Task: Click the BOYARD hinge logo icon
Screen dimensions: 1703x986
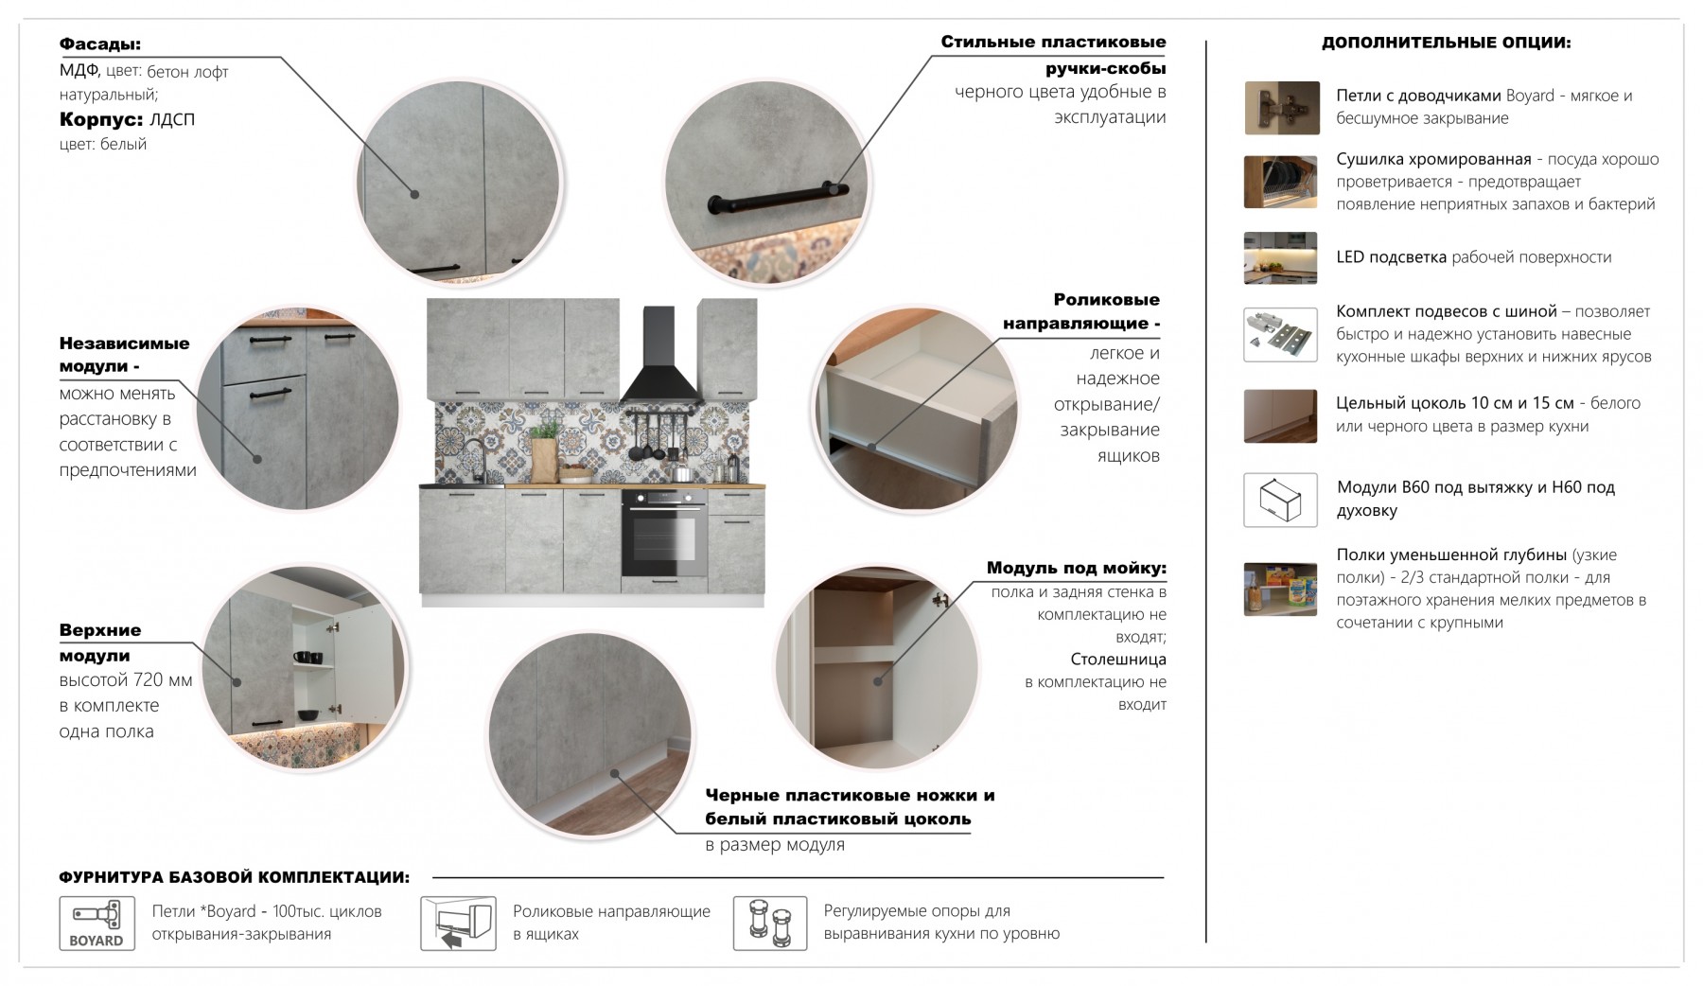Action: coord(97,924)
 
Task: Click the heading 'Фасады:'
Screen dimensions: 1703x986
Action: coord(100,44)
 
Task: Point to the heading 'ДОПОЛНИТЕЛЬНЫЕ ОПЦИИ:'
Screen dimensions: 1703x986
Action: coord(1446,43)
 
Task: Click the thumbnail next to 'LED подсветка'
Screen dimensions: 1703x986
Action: coord(1280,257)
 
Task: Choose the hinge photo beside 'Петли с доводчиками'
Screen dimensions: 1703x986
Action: coord(1281,108)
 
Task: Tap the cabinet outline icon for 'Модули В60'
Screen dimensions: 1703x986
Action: coord(1280,500)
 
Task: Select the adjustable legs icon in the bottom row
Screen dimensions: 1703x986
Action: coord(770,924)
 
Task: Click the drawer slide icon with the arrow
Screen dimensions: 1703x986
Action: coord(458,924)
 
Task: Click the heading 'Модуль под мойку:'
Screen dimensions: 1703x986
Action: coord(1076,569)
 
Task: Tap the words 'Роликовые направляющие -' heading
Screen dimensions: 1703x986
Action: coord(1081,312)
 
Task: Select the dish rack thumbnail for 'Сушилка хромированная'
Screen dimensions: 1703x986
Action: coord(1280,182)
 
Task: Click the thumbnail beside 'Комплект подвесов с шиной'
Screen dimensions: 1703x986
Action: coord(1280,334)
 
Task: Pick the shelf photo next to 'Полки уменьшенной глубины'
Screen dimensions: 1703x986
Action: coord(1280,589)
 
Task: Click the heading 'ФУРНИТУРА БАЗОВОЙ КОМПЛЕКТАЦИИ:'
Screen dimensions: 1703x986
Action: coord(234,878)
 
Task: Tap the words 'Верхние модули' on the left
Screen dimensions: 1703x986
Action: coord(99,643)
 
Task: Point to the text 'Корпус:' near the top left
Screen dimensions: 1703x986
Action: coord(101,120)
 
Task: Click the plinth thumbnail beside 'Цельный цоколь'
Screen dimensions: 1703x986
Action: coord(1280,416)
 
